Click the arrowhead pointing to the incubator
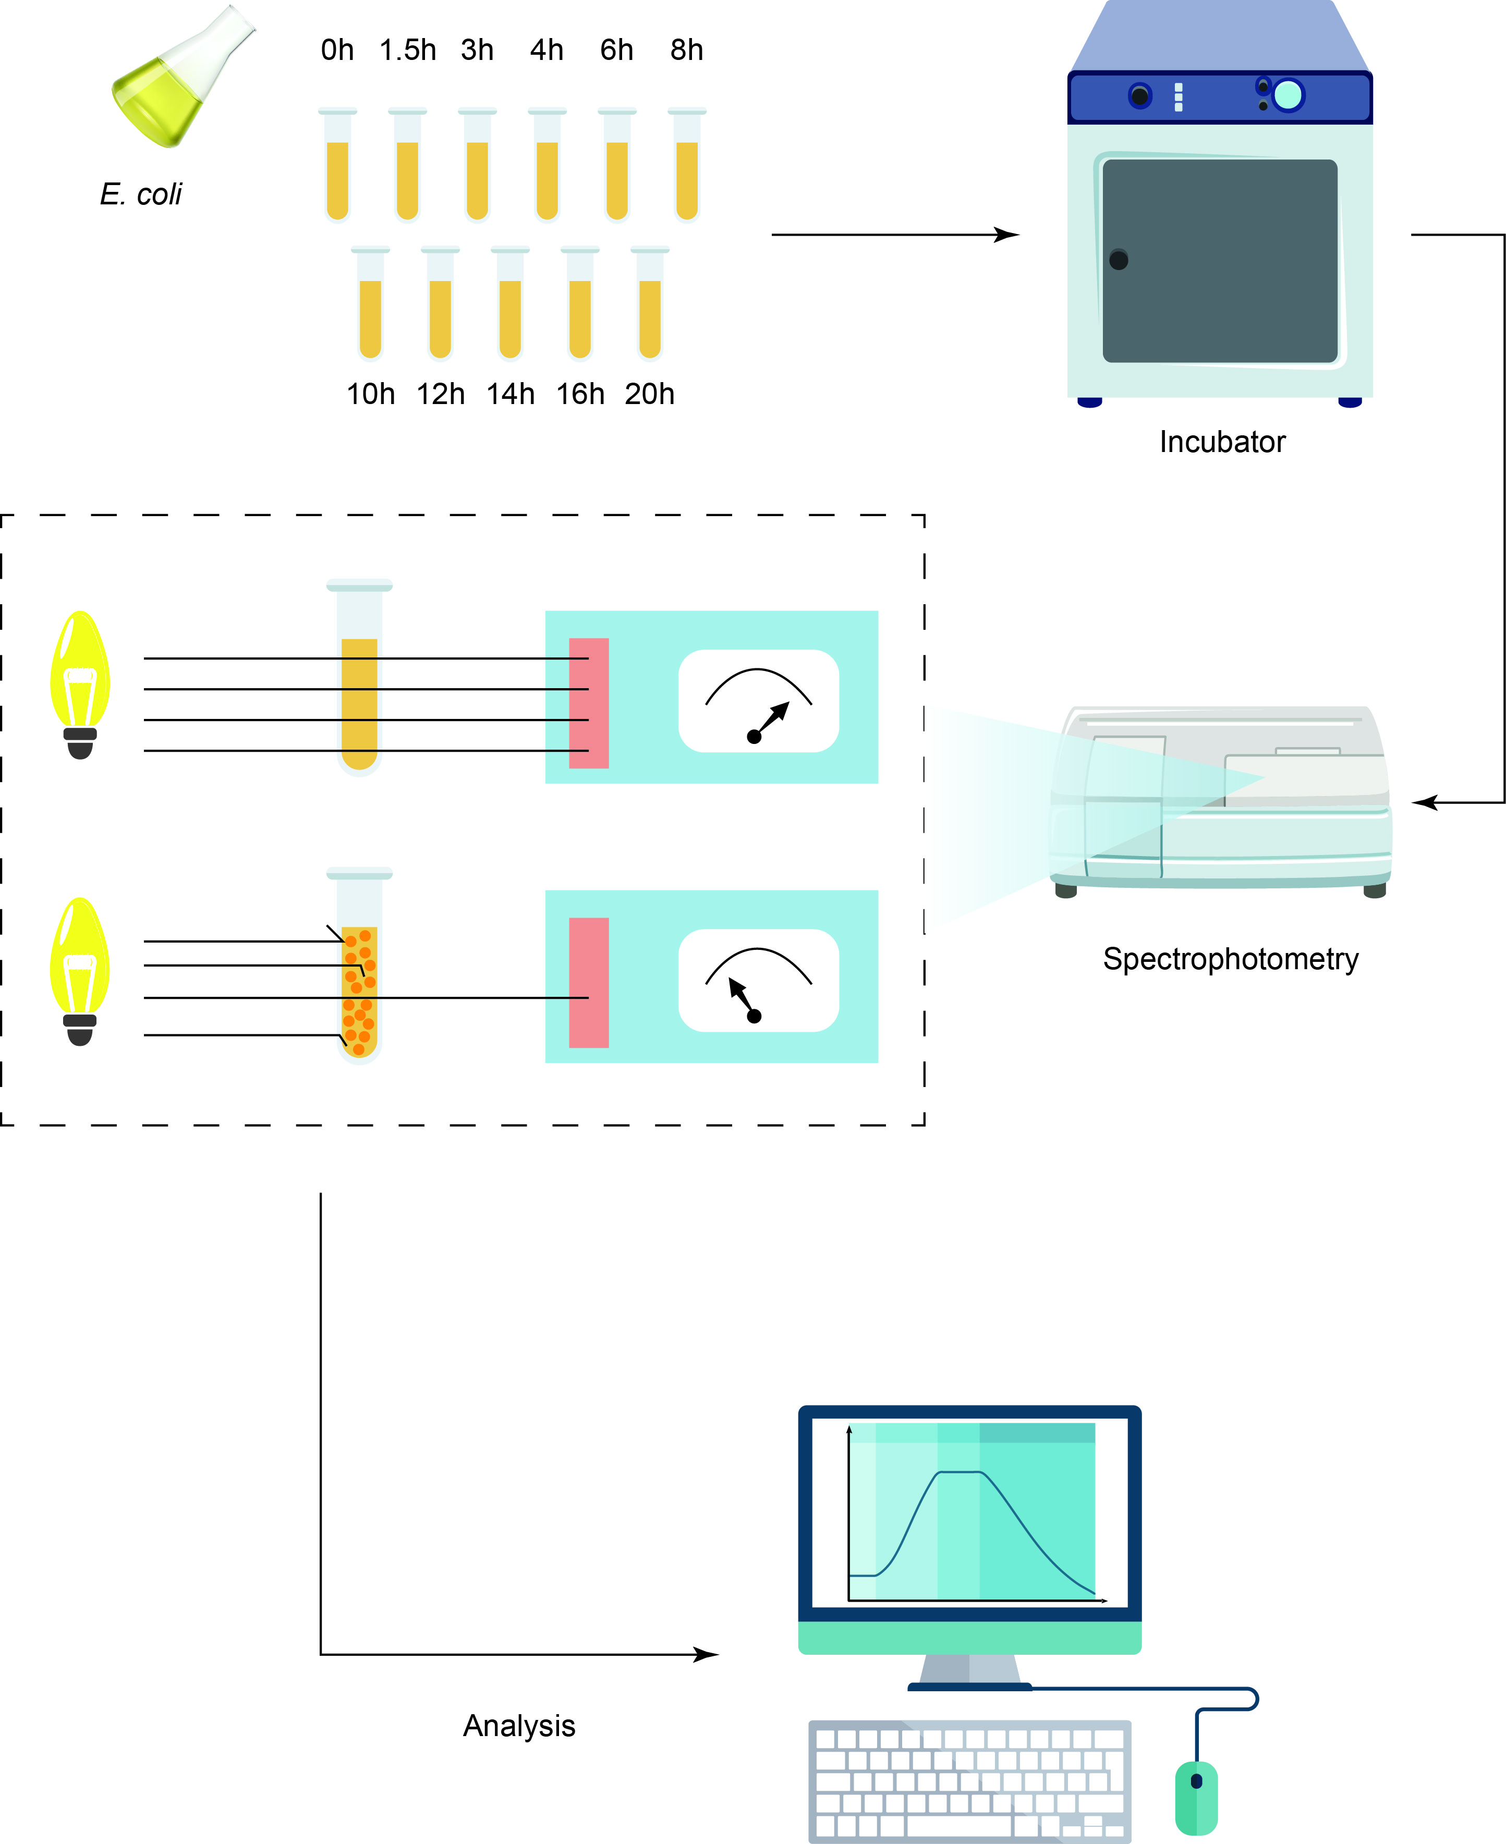pyautogui.click(x=1008, y=235)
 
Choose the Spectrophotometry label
pyautogui.click(x=1230, y=959)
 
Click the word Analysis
pyautogui.click(x=519, y=1726)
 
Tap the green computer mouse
pyautogui.click(x=1196, y=1797)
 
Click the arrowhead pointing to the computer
pyautogui.click(x=708, y=1654)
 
